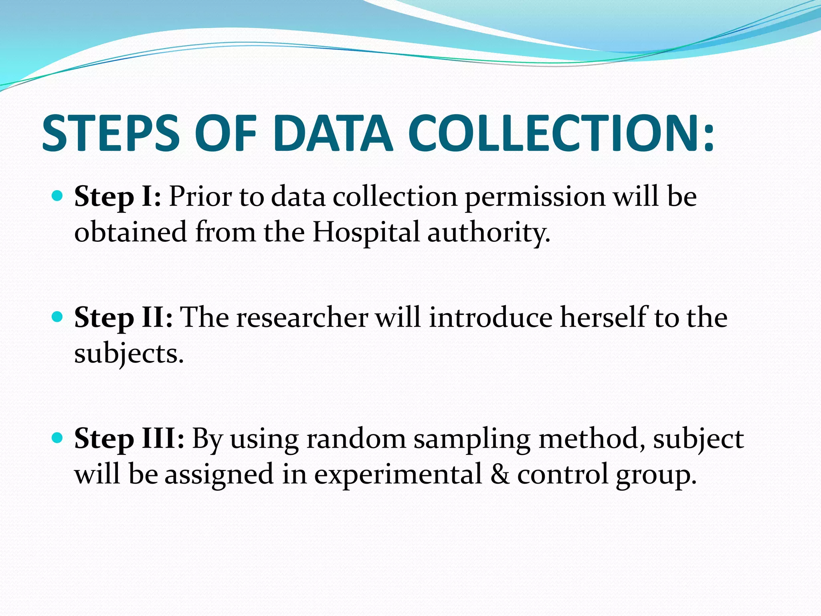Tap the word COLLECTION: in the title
pos(561,133)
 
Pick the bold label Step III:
pos(129,439)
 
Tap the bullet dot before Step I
pos(58,196)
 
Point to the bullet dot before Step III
pos(58,438)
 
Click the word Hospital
pos(366,233)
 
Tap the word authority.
pos(488,233)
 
